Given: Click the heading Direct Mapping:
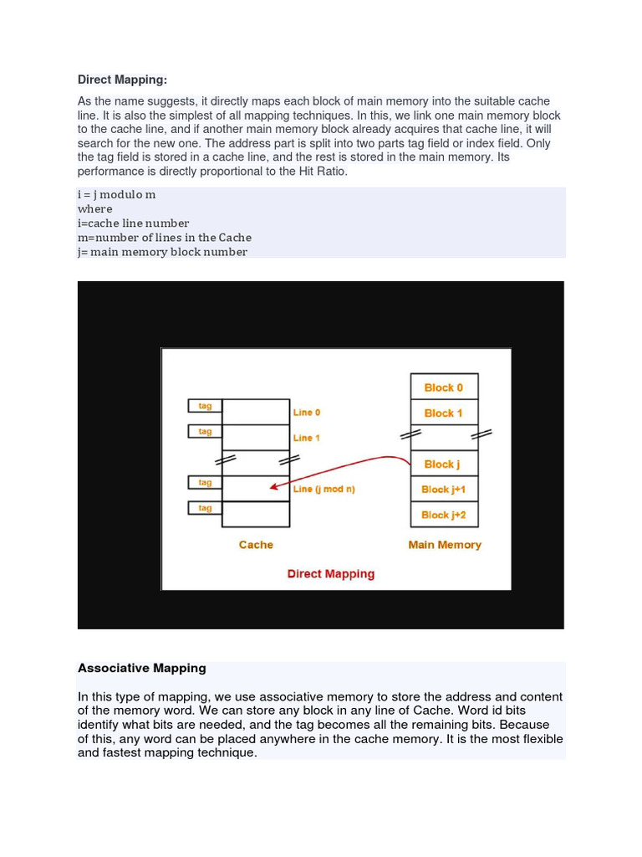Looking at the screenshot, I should pyautogui.click(x=122, y=80).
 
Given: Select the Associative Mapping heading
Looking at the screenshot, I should pyautogui.click(x=141, y=668).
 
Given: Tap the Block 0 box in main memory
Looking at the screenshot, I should pyautogui.click(x=443, y=387).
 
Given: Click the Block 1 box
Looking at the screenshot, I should pyautogui.click(x=443, y=413).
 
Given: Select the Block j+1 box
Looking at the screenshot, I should pyautogui.click(x=443, y=490).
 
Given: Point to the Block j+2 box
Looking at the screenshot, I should pyautogui.click(x=443, y=515).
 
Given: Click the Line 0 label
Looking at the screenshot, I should pyautogui.click(x=307, y=413).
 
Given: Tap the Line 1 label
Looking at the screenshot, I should pyautogui.click(x=307, y=438).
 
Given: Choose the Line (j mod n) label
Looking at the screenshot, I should pyautogui.click(x=324, y=489).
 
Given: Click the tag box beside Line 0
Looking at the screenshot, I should pyautogui.click(x=205, y=406).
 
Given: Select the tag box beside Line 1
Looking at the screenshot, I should pyautogui.click(x=205, y=432).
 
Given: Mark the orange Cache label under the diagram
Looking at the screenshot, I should pyautogui.click(x=256, y=545).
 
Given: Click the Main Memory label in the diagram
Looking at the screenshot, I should pyautogui.click(x=444, y=545).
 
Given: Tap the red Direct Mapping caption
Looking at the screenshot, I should pyautogui.click(x=330, y=574).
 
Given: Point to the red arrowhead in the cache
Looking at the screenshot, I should pyautogui.click(x=273, y=487).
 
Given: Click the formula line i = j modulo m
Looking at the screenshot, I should pyautogui.click(x=116, y=194).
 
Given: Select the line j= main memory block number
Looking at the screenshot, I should pyautogui.click(x=162, y=251).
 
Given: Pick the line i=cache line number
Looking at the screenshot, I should pyautogui.click(x=133, y=223).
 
